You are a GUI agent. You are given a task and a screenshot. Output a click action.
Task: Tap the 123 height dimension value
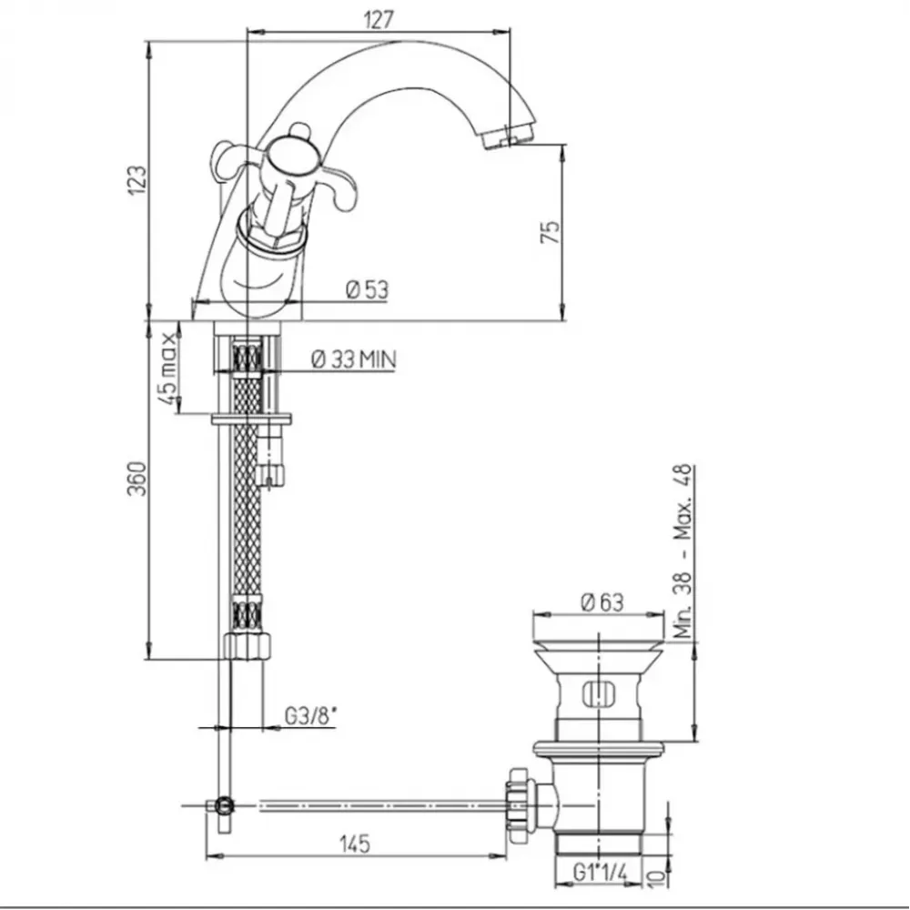[137, 180]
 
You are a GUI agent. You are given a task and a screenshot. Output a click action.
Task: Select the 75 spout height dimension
[551, 231]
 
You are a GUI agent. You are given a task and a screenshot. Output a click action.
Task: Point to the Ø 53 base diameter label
[367, 289]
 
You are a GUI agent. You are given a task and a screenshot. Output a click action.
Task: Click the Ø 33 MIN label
[353, 359]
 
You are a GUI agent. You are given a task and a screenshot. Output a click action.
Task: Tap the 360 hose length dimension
[137, 479]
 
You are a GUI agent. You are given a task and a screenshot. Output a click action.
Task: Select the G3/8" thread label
[310, 716]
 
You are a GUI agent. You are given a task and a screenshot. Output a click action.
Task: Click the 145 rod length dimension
[355, 844]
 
